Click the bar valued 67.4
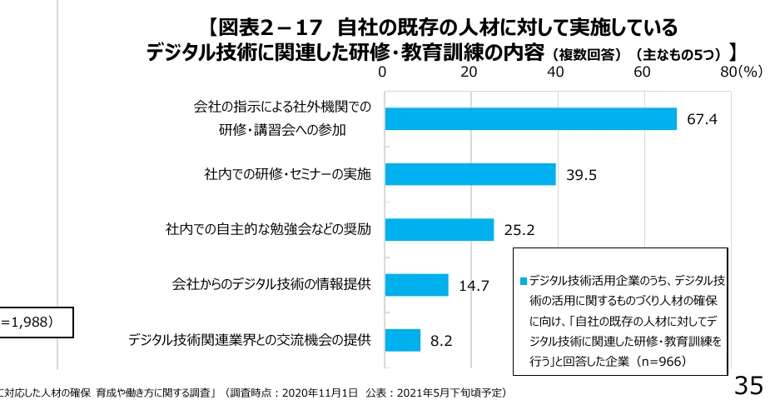(x=530, y=119)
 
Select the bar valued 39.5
(x=470, y=174)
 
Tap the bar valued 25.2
(x=439, y=229)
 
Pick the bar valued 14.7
(x=416, y=285)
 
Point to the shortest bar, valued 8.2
(x=402, y=340)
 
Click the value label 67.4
(x=702, y=120)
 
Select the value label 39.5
(x=582, y=175)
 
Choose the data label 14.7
(x=474, y=286)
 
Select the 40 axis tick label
(x=555, y=72)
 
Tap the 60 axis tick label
(x=642, y=72)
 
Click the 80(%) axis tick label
(x=741, y=72)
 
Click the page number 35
(x=748, y=387)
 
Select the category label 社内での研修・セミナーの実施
(x=287, y=174)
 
